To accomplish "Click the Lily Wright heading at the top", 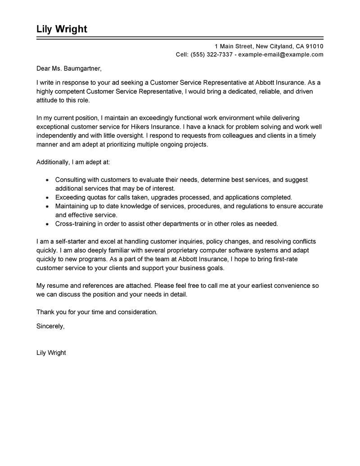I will [62, 29].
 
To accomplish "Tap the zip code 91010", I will [314, 46].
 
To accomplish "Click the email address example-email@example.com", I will [281, 54].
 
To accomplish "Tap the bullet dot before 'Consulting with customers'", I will [47, 180].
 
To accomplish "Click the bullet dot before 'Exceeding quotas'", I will [47, 197].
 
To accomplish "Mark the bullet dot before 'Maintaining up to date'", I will [47, 206].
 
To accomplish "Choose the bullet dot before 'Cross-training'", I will [47, 223].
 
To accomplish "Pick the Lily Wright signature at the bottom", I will [51, 353].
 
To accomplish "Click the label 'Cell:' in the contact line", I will [183, 54].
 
